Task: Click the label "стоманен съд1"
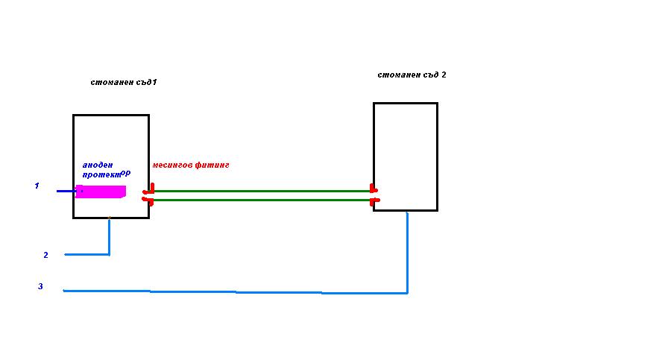coord(123,82)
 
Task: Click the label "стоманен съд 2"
coord(412,75)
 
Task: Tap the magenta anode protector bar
coord(101,192)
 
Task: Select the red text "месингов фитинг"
coord(190,165)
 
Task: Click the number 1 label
coord(37,186)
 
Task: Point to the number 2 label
coord(45,255)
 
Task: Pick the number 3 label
coord(40,286)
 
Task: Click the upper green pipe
coord(261,191)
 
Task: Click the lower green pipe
coord(261,200)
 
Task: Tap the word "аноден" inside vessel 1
coord(97,165)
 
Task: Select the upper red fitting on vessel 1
coord(150,192)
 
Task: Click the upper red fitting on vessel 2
coord(373,191)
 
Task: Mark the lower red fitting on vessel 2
coord(374,200)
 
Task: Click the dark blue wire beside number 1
coord(66,191)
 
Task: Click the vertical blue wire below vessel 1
coord(110,236)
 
